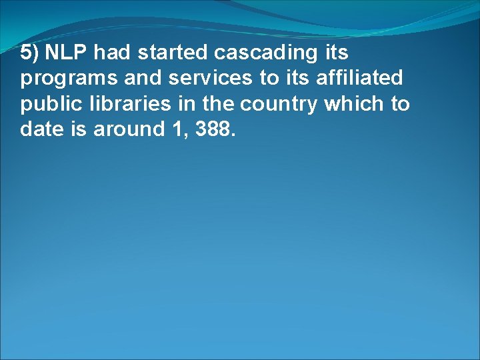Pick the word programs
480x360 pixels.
[59, 79]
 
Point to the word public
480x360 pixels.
[44, 105]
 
